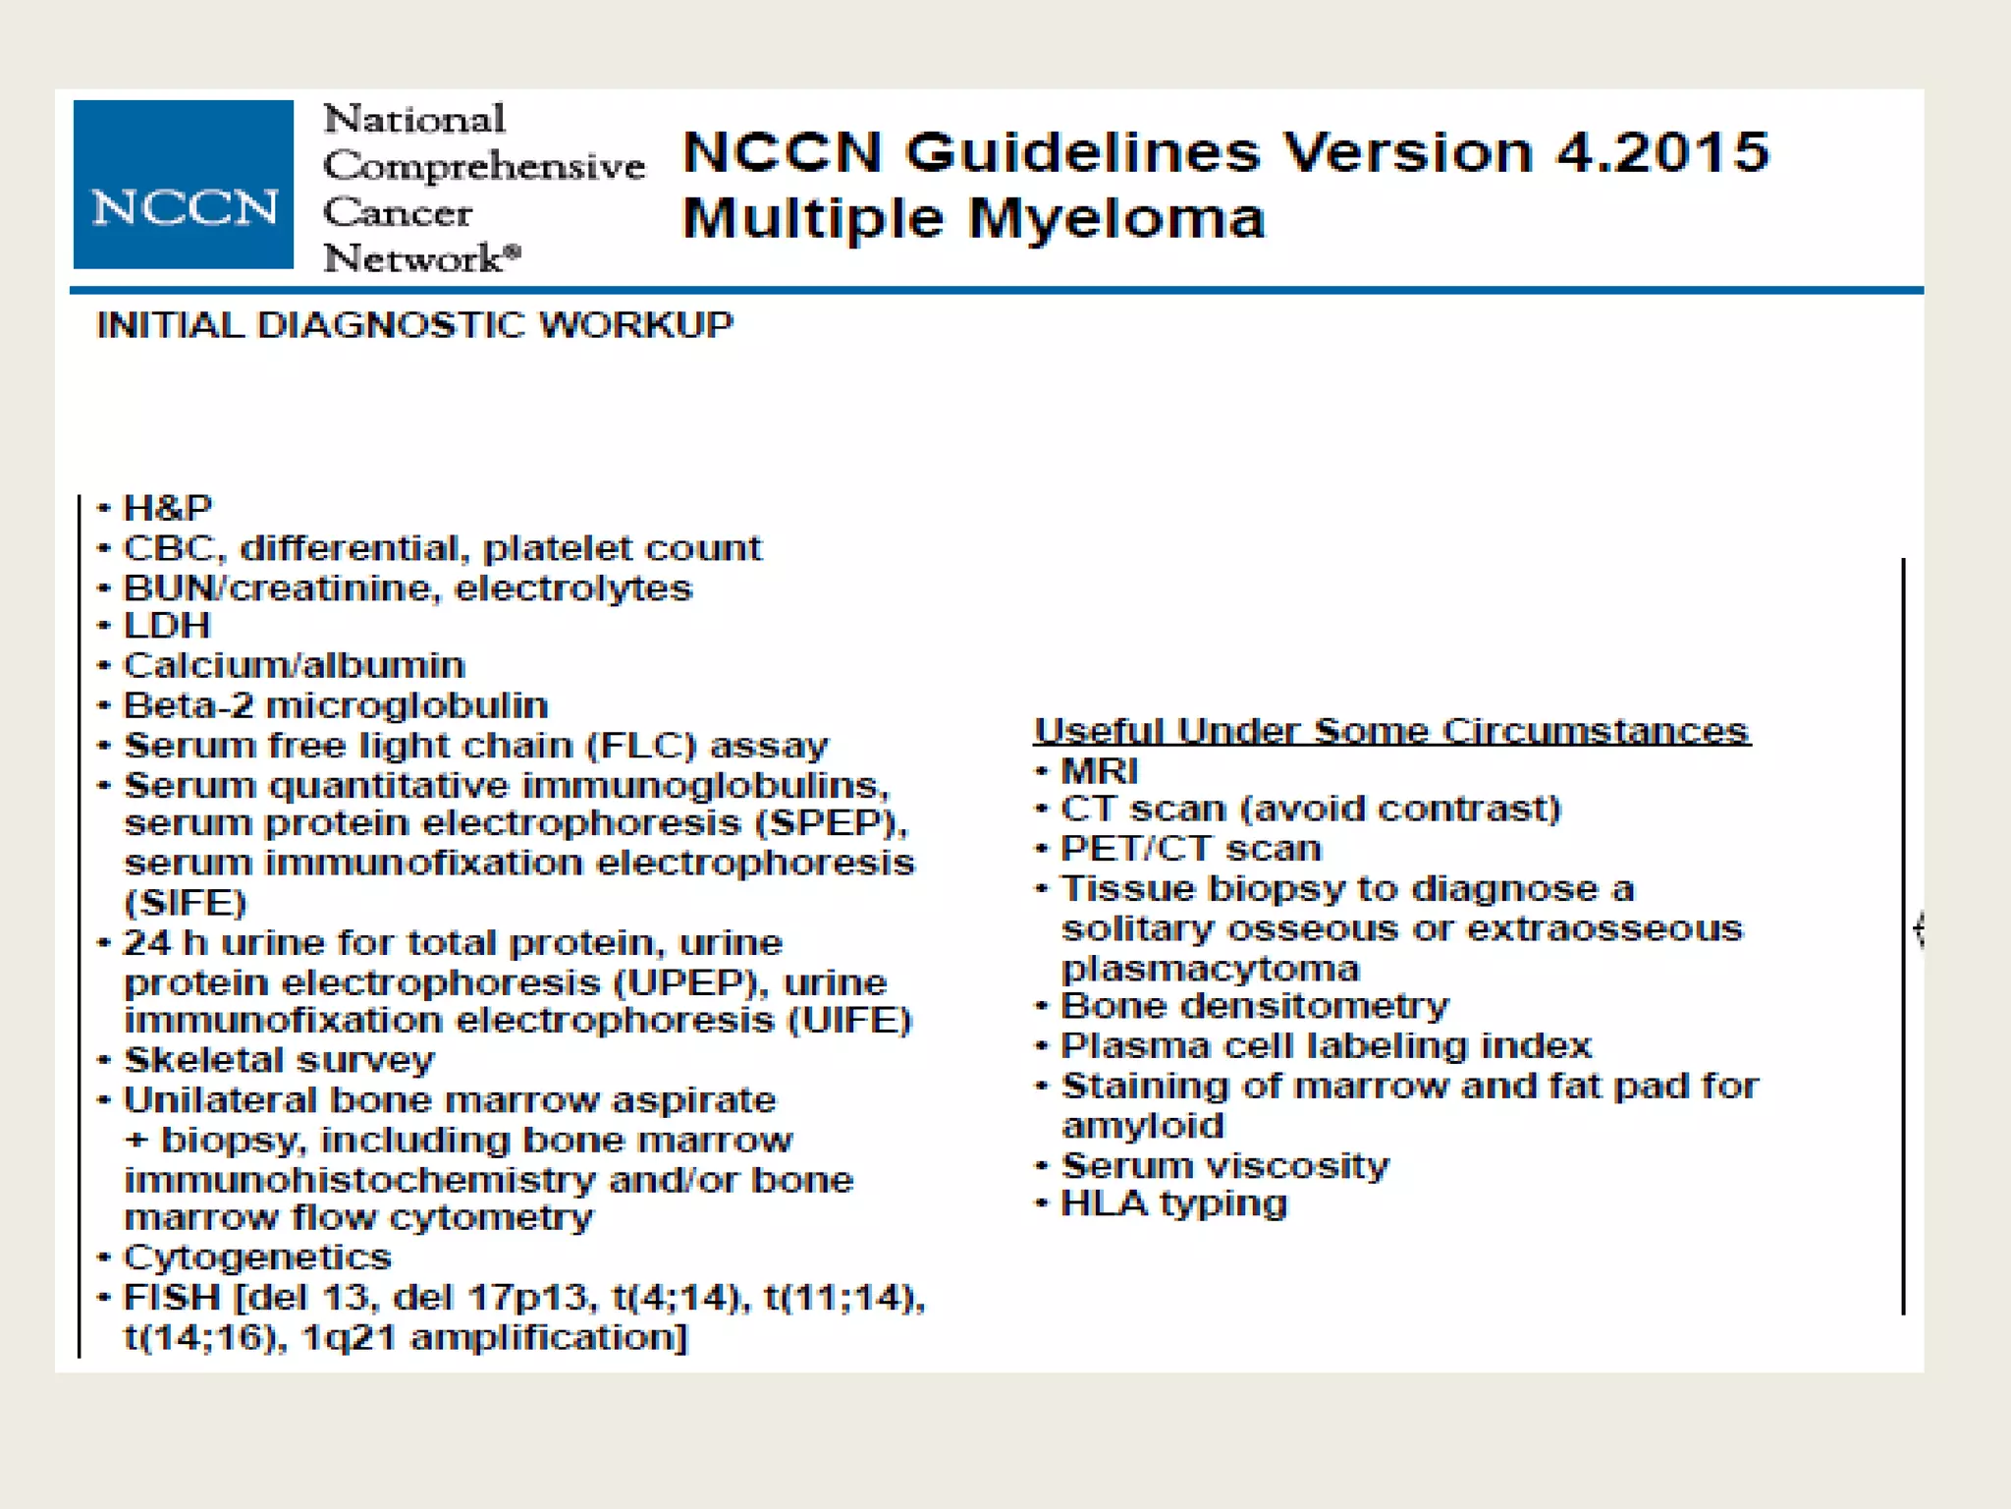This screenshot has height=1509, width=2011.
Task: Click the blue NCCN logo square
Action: (x=184, y=184)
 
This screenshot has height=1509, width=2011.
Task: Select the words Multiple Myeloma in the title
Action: (x=973, y=218)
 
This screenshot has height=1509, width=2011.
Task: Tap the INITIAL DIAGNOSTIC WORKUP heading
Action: (x=414, y=325)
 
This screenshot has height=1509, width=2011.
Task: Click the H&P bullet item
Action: (x=167, y=508)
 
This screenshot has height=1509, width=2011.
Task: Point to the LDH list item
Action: (x=167, y=626)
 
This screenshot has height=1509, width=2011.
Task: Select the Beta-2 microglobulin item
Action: (x=335, y=705)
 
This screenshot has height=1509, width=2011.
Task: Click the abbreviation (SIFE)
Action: (x=186, y=903)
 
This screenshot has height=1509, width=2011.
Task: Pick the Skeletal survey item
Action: (x=279, y=1060)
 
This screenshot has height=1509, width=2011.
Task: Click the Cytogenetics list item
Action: (x=257, y=1257)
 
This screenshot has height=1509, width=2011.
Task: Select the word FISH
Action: (x=173, y=1298)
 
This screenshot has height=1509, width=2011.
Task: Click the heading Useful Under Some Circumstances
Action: (x=1391, y=731)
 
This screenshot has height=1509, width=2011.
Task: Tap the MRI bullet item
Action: (x=1099, y=770)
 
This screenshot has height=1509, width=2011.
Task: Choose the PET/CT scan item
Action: (x=1191, y=849)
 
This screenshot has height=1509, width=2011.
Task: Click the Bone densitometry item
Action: (x=1255, y=1006)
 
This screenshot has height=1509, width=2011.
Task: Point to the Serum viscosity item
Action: (x=1225, y=1165)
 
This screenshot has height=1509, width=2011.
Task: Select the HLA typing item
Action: (x=1173, y=1203)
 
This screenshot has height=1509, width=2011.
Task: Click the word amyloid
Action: (x=1143, y=1126)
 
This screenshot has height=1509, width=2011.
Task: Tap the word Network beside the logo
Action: (x=414, y=259)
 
